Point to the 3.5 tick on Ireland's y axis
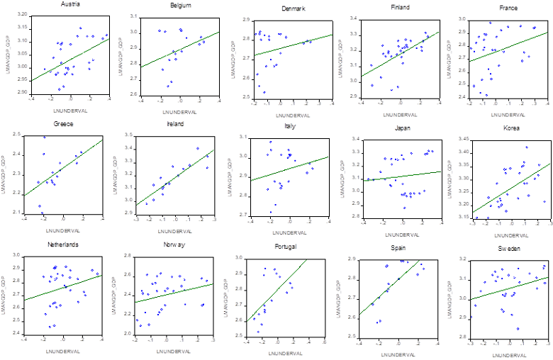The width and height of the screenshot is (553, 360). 133,134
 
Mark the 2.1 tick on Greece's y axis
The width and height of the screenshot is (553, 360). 23,212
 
